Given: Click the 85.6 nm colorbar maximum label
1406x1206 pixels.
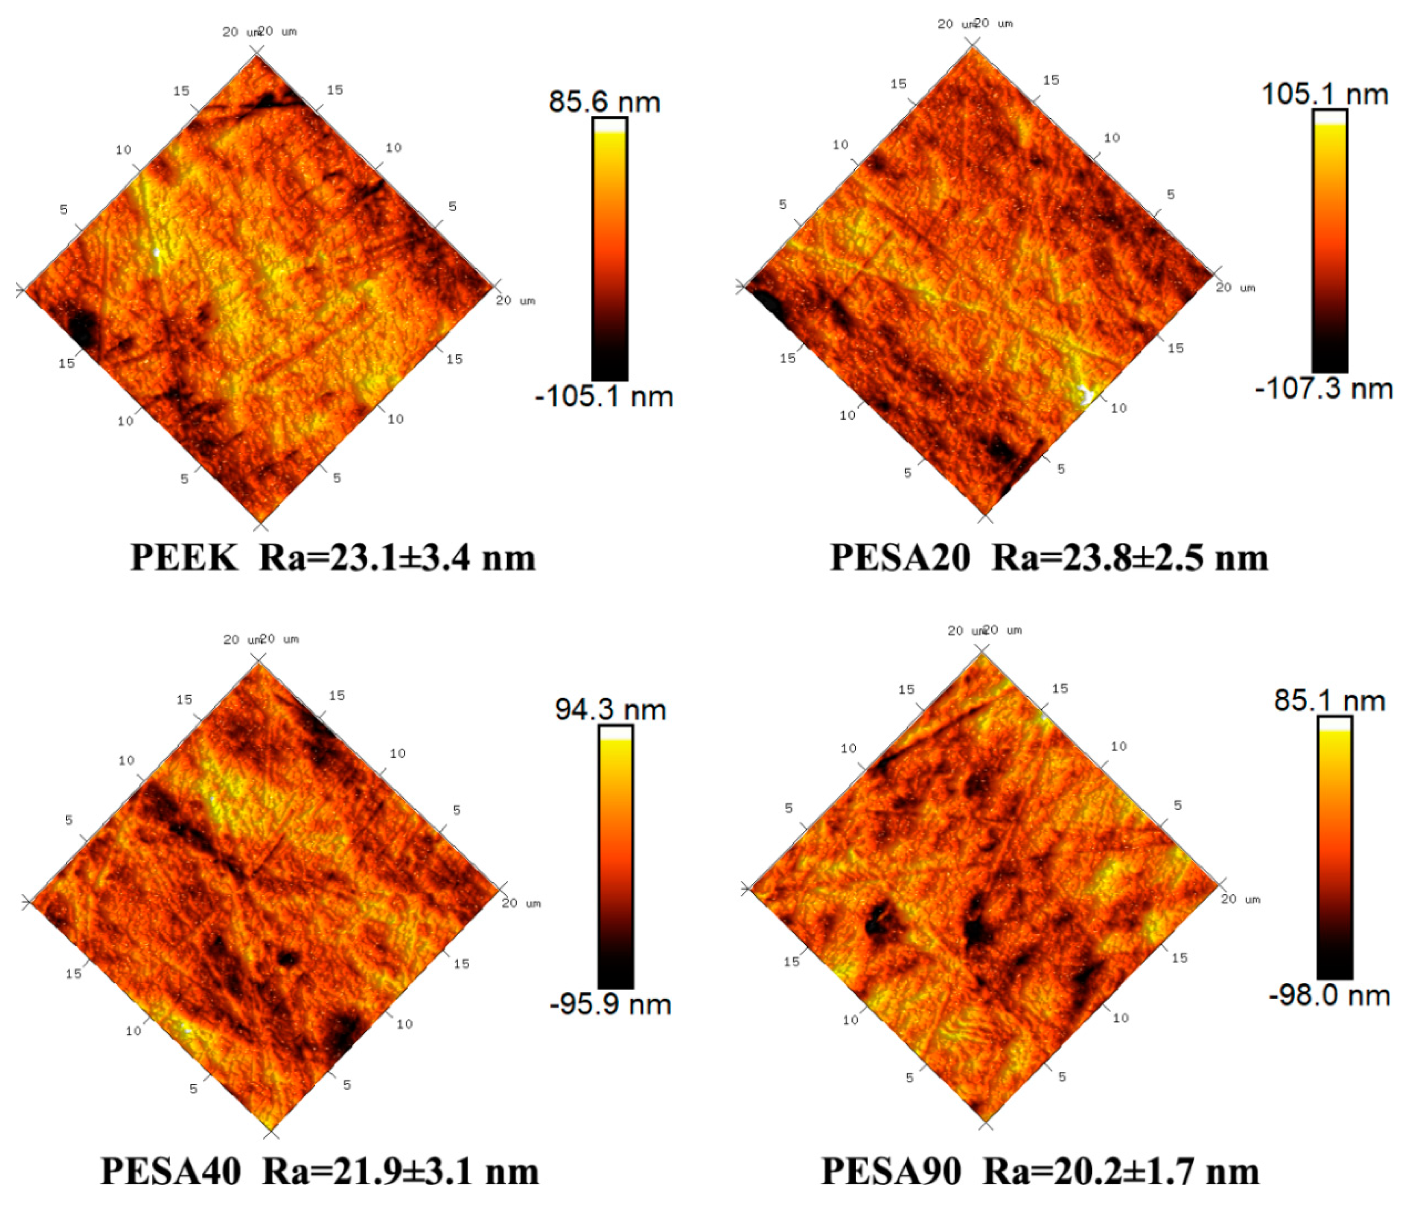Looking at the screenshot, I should (x=604, y=102).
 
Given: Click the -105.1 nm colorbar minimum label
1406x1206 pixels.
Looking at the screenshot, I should (x=604, y=396).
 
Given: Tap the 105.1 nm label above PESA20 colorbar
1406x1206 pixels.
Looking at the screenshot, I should (x=1325, y=93).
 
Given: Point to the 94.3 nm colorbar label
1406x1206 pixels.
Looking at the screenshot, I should (x=610, y=710).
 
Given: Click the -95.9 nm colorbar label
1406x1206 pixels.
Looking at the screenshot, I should (x=610, y=1004).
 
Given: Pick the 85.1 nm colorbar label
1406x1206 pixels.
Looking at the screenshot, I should (x=1329, y=701).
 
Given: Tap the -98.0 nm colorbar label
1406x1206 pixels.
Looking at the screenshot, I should (x=1329, y=996).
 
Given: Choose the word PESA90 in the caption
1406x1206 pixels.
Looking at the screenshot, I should (x=890, y=1171).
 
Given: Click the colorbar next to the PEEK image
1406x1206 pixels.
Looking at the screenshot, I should (x=609, y=249).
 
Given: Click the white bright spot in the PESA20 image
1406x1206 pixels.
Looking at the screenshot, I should (x=1084, y=394).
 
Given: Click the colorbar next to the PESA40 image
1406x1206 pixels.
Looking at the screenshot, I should (x=615, y=857).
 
